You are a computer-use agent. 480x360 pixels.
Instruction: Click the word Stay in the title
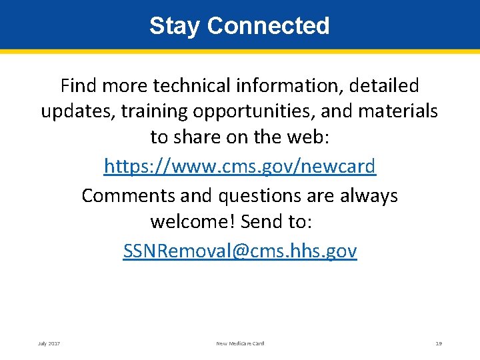click(x=175, y=26)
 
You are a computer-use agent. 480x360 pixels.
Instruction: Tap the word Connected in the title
click(x=268, y=26)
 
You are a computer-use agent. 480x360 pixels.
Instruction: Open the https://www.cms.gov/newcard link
click(x=240, y=166)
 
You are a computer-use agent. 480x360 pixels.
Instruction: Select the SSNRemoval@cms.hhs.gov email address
click(x=240, y=251)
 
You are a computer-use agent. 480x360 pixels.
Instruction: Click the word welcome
click(x=193, y=221)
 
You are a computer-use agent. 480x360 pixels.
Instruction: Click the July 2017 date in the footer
click(x=49, y=343)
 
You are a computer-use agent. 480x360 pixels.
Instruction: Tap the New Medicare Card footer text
click(x=240, y=343)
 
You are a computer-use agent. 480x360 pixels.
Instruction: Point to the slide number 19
click(x=439, y=343)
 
